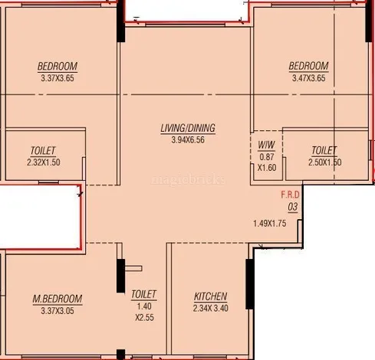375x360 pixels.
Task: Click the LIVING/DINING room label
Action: tap(188, 128)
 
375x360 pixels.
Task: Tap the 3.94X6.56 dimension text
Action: tap(188, 140)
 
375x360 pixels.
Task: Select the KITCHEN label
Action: tap(210, 296)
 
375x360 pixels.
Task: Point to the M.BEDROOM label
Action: tap(58, 299)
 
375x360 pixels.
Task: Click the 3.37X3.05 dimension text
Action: tap(58, 311)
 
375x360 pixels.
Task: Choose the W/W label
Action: tap(267, 145)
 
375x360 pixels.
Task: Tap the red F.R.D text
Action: tap(290, 195)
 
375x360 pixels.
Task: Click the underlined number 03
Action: tap(293, 207)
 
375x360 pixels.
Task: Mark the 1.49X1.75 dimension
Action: tap(270, 224)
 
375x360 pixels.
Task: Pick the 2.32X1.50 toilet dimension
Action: tap(44, 162)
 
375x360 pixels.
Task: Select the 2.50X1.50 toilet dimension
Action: tap(324, 162)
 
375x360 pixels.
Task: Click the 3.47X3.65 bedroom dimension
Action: tap(309, 78)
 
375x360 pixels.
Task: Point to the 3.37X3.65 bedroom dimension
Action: tap(58, 78)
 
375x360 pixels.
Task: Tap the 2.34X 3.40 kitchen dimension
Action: tap(211, 308)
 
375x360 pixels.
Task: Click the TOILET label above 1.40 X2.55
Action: tap(143, 294)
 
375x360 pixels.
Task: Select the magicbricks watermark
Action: tap(189, 179)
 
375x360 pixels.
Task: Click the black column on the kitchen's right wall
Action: tap(250, 284)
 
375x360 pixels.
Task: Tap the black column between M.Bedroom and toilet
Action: tap(120, 276)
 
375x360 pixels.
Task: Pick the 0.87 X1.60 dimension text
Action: tap(267, 162)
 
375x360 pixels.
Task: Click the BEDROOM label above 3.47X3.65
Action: tap(308, 66)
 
